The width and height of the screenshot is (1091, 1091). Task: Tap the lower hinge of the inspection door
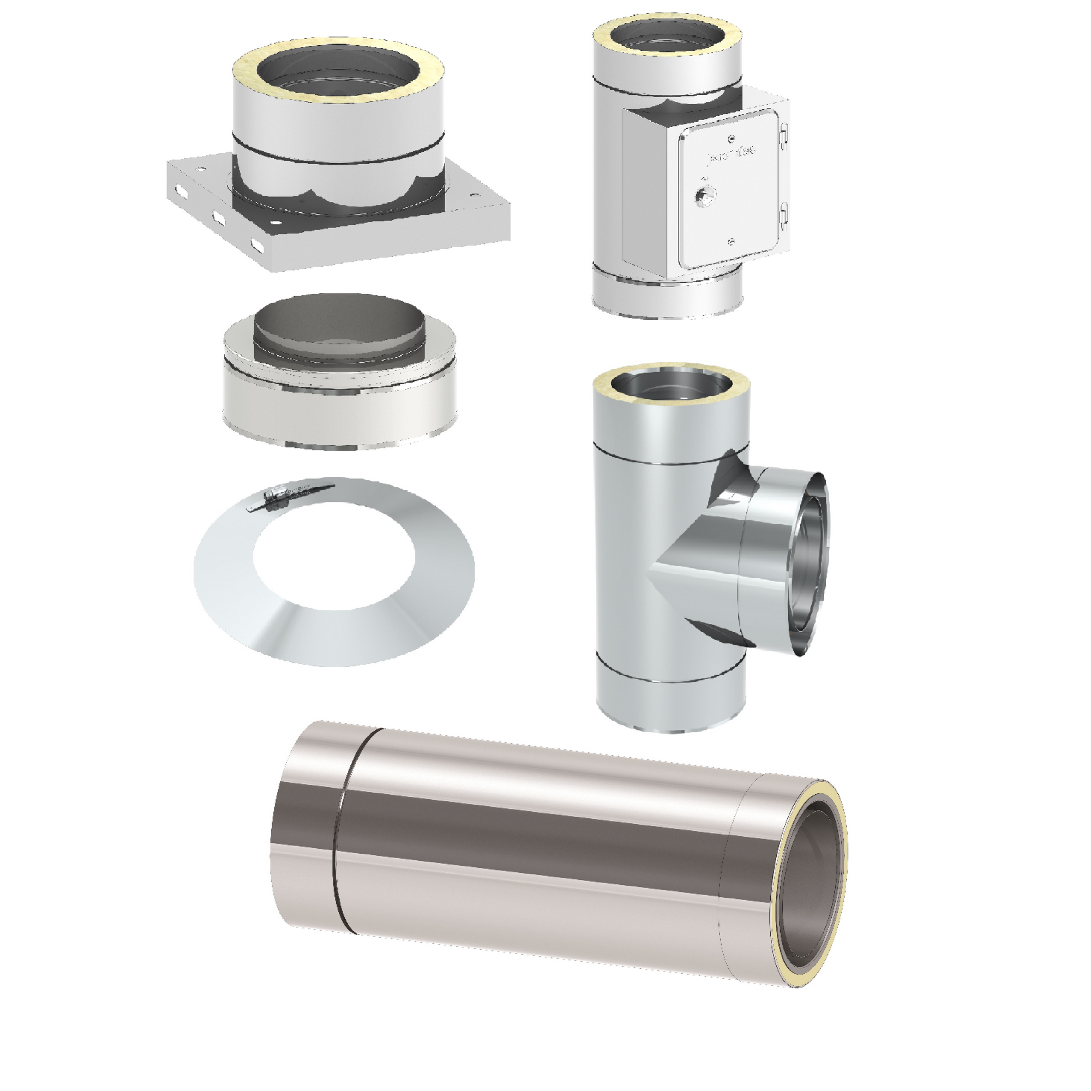click(783, 213)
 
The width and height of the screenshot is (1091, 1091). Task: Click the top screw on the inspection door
click(732, 139)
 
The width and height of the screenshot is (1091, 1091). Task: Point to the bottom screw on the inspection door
click(732, 243)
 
